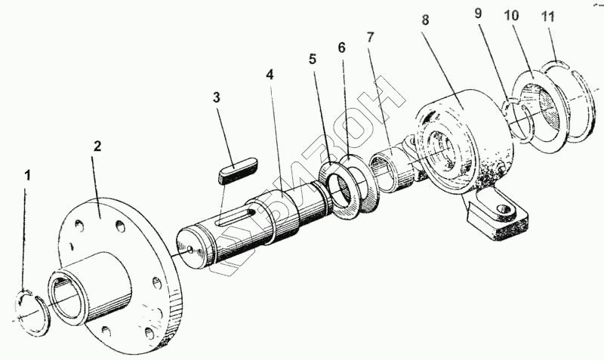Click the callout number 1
coord(27,177)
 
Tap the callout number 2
coord(97,146)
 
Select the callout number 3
coord(217,98)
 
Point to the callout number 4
coord(270,75)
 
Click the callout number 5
coord(312,60)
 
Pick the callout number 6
coord(342,48)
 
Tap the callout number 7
coord(370,37)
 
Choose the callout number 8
coord(425,20)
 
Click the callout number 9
coord(478,14)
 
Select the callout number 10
coord(512,16)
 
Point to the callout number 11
coord(548,17)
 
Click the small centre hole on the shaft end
coord(190,250)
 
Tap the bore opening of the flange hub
coord(66,297)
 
